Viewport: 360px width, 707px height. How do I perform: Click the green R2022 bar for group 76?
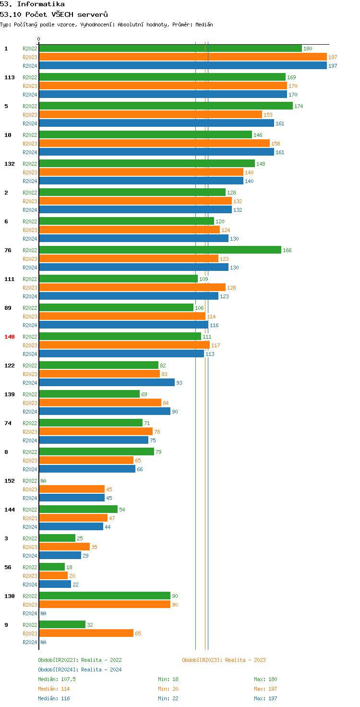(160, 250)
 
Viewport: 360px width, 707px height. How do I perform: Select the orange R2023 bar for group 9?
(86, 634)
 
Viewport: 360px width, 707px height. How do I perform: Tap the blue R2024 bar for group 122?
(107, 383)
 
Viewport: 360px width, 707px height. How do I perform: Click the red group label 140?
(10, 337)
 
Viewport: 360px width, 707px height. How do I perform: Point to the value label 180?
(308, 49)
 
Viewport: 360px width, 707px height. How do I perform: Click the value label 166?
(287, 250)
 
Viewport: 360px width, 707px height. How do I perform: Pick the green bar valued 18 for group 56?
(52, 567)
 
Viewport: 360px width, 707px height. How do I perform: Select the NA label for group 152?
(43, 481)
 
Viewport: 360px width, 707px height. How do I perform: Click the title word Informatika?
(41, 4)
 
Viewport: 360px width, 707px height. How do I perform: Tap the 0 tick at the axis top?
(39, 39)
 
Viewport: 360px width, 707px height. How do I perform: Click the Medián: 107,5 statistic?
(57, 679)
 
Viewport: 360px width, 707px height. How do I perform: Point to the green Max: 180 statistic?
(265, 679)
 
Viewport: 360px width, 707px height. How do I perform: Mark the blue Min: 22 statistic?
(168, 698)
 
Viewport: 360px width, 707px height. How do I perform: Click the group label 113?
(10, 77)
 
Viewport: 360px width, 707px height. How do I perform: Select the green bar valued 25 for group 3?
(57, 538)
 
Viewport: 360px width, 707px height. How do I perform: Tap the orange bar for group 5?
(150, 115)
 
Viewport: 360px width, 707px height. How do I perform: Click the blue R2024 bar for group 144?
(71, 527)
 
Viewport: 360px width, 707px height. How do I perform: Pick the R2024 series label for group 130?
(30, 613)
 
